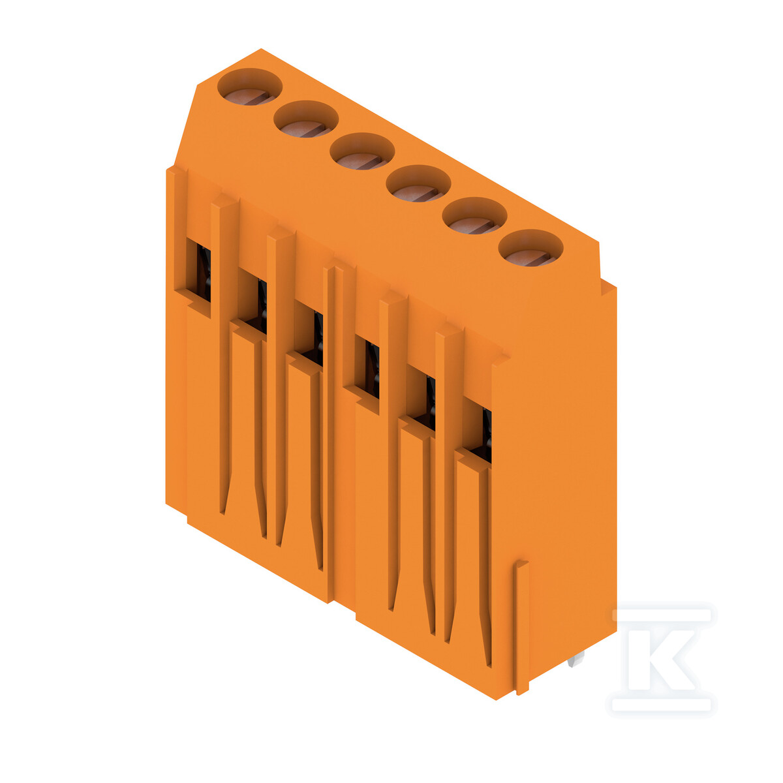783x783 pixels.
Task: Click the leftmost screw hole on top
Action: (x=250, y=87)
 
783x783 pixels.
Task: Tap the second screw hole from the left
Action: (x=306, y=119)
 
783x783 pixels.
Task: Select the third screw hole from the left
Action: (x=362, y=151)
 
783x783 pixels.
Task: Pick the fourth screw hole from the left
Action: (x=418, y=183)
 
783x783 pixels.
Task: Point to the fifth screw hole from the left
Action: (x=474, y=215)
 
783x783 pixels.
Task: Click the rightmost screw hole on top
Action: (x=530, y=248)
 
